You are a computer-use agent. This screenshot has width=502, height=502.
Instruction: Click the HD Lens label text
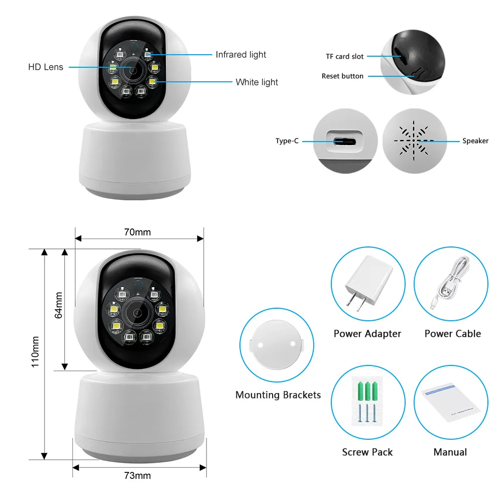(46, 67)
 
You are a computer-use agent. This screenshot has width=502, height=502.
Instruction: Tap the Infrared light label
(241, 54)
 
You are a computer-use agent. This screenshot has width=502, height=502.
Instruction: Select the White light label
(257, 82)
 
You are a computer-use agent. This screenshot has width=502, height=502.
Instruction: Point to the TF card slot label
(344, 57)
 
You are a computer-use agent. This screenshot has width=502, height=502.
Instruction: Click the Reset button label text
(342, 76)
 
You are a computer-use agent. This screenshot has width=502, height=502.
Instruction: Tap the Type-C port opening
(346, 141)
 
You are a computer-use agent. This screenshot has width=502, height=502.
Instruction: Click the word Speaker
(475, 141)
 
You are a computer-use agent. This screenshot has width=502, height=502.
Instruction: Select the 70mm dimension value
(137, 232)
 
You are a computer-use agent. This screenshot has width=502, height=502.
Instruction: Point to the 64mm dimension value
(59, 305)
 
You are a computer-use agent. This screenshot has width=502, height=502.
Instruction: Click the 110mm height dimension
(35, 351)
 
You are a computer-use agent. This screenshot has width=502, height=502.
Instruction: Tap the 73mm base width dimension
(137, 475)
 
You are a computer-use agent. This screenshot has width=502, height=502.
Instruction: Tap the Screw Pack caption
(367, 452)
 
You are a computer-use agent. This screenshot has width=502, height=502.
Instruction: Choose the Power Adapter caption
(367, 334)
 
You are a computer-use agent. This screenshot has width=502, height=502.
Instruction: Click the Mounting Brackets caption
(278, 395)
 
